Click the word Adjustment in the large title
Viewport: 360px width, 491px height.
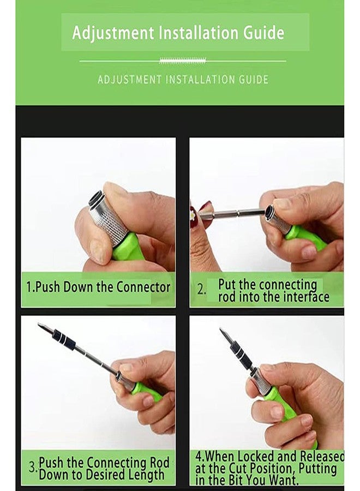click(113, 33)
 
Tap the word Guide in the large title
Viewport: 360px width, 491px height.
click(264, 32)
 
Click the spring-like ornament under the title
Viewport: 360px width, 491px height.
click(183, 61)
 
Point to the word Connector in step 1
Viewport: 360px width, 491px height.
click(143, 287)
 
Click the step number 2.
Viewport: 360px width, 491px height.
click(201, 290)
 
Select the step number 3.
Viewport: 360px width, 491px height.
click(33, 467)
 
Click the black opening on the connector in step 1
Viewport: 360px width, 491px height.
click(96, 199)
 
